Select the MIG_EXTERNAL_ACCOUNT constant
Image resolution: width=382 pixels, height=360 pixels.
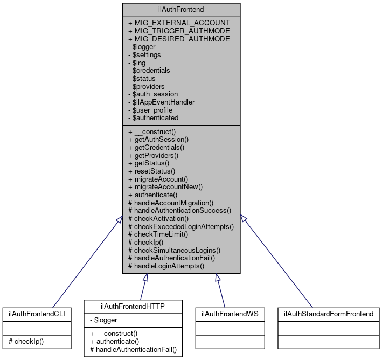[x=179, y=23]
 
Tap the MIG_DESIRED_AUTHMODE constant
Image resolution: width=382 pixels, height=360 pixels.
[x=179, y=39]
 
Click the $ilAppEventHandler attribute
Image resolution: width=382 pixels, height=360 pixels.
[x=161, y=102]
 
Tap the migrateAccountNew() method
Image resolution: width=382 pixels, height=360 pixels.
[x=165, y=186]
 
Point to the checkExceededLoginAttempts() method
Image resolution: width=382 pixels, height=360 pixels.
[x=180, y=226]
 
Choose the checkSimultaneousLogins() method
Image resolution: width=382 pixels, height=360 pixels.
[x=174, y=250]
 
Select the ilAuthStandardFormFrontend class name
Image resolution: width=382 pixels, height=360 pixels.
[x=329, y=313]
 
